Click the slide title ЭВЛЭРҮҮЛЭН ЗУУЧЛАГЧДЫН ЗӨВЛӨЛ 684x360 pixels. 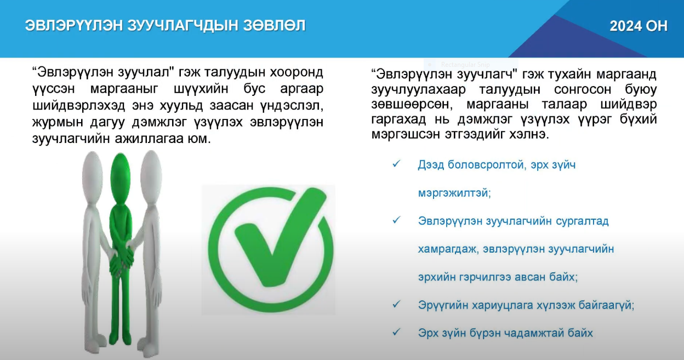(x=165, y=26)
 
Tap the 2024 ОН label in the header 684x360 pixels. (x=639, y=26)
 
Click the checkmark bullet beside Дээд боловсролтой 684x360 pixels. (x=396, y=164)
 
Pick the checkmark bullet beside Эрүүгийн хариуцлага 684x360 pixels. (x=396, y=305)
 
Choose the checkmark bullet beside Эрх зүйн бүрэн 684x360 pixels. (x=396, y=333)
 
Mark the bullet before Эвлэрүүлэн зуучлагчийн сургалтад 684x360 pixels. (x=396, y=220)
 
